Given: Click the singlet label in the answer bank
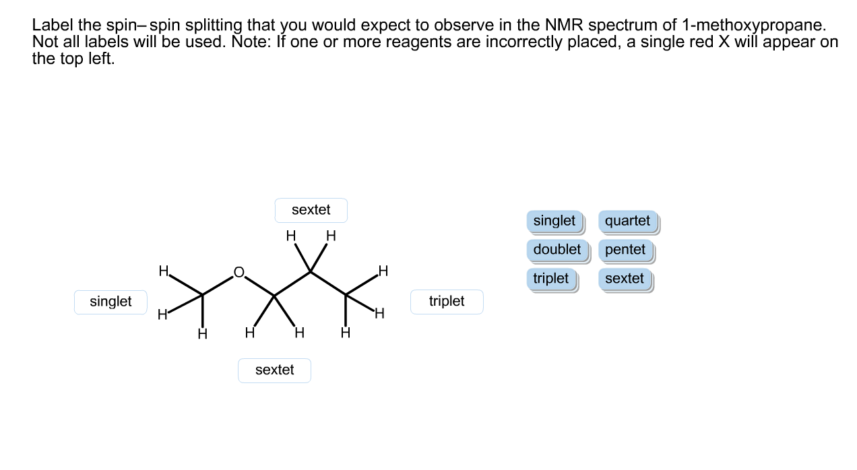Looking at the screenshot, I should (554, 221).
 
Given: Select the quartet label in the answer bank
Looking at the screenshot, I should (627, 221).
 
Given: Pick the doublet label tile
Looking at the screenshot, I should (557, 250).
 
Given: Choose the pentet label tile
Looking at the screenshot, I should (625, 250).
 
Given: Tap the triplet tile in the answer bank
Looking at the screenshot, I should (550, 279).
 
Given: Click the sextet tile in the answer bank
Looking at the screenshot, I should (624, 279).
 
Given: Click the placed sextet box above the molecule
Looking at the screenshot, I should (311, 210).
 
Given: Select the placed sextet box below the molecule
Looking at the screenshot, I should (274, 370).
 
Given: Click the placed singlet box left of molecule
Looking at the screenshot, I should (110, 302).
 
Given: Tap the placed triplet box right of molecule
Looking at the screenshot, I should (447, 302).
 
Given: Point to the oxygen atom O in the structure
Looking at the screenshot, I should (238, 272).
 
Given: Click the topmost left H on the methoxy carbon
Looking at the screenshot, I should (162, 271).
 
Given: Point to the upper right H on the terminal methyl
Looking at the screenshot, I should (383, 271).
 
